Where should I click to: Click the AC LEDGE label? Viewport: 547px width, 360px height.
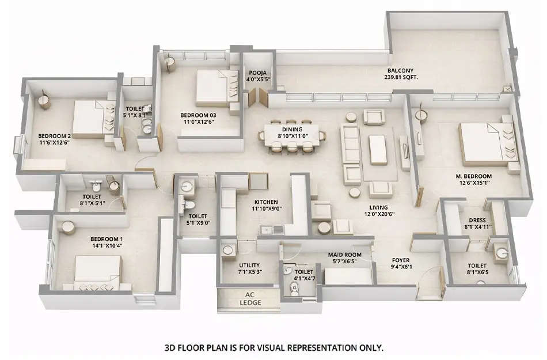(249, 298)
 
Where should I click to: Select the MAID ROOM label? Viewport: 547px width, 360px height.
(344, 257)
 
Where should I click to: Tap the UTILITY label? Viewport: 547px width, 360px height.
(249, 268)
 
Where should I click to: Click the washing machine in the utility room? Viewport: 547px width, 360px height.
(229, 250)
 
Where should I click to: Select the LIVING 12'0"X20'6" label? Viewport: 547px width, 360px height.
(378, 211)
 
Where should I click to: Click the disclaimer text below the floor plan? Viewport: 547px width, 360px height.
(273, 348)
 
